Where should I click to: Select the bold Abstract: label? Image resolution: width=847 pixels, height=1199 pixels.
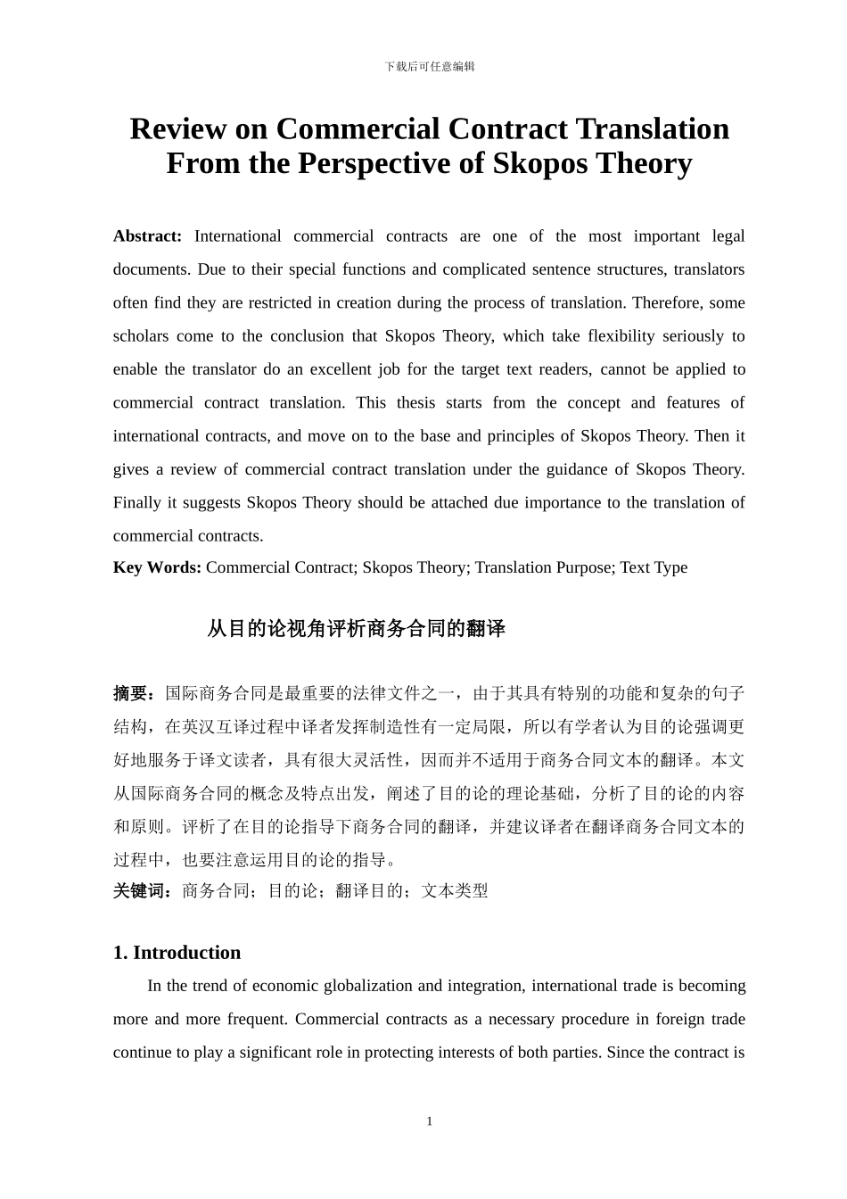click(147, 236)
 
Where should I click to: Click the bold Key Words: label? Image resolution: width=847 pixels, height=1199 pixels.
click(157, 567)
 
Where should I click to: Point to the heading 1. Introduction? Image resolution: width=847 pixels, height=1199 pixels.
click(177, 953)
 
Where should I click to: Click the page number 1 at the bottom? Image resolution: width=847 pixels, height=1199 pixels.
click(429, 1121)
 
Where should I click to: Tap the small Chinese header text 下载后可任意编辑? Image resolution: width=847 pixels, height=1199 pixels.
click(430, 67)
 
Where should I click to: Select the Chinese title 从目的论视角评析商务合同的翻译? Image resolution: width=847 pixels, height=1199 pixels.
click(356, 629)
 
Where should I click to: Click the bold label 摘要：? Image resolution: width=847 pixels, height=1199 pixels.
click(138, 693)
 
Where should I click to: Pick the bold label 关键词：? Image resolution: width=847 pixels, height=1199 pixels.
click(146, 890)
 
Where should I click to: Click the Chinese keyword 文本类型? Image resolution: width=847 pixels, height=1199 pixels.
click(455, 890)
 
